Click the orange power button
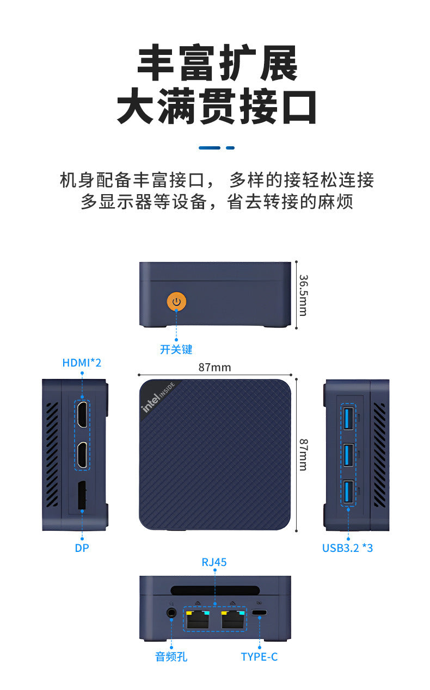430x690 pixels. pyautogui.click(x=176, y=302)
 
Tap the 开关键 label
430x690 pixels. pyautogui.click(x=176, y=349)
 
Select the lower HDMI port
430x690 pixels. pyautogui.click(x=82, y=454)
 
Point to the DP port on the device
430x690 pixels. pyautogui.click(x=82, y=495)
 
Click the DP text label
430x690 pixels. pyautogui.click(x=82, y=548)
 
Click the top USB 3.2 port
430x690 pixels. pyautogui.click(x=348, y=418)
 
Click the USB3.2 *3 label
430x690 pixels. pyautogui.click(x=347, y=548)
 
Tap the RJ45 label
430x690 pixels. pyautogui.click(x=214, y=562)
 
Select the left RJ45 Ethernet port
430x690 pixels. pyautogui.click(x=198, y=619)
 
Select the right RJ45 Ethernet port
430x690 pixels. pyautogui.click(x=233, y=619)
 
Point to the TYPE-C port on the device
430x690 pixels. pyautogui.click(x=259, y=613)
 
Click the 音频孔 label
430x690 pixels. pyautogui.click(x=171, y=657)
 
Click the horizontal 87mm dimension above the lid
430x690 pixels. pyautogui.click(x=214, y=368)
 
